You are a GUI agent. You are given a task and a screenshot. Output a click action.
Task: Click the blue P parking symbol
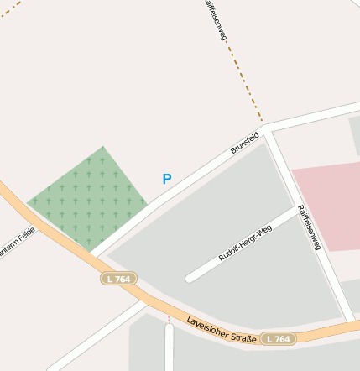[x=167, y=179]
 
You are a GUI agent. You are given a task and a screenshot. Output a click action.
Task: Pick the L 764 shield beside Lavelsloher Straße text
[x=279, y=339]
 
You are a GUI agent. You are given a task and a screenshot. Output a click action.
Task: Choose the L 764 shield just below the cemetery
[x=119, y=278]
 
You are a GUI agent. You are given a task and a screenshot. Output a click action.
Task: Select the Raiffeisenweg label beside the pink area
[x=310, y=227]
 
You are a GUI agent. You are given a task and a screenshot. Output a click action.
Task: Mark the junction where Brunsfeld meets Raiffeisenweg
[x=268, y=130]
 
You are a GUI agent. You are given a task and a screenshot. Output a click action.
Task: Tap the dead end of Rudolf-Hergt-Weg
[x=190, y=277]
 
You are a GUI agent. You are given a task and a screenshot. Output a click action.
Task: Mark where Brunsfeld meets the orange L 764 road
[x=91, y=253]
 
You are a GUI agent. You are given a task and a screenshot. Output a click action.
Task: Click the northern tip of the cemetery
[x=103, y=147]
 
